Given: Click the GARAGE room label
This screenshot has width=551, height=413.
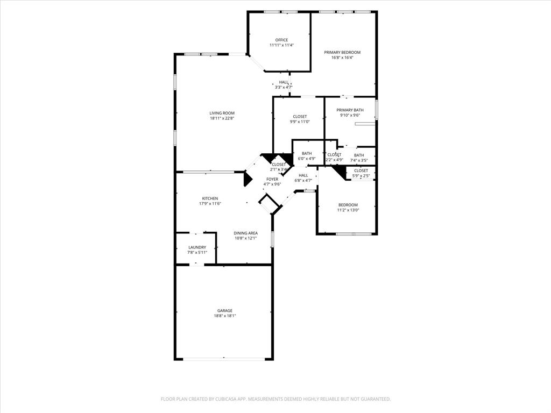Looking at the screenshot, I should click(225, 310).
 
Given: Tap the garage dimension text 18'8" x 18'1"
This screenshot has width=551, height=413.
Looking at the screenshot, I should click(225, 316).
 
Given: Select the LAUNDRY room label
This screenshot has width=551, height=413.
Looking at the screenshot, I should click(197, 247).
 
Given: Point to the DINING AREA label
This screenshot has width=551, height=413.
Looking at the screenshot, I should click(245, 233).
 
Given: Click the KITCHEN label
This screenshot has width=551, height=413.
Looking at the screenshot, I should click(210, 198).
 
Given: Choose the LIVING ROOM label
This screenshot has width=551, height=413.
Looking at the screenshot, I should click(222, 113).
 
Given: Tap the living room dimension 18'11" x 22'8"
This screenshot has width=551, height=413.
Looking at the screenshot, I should click(222, 118).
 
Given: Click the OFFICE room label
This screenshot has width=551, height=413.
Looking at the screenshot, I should click(281, 40).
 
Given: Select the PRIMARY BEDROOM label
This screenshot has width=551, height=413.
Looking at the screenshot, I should click(342, 52).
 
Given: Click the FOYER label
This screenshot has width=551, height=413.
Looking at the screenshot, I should click(272, 179).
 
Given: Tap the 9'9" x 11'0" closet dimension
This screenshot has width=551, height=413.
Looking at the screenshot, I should click(300, 122).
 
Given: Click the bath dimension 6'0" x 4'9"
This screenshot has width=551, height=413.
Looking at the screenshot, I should click(307, 159).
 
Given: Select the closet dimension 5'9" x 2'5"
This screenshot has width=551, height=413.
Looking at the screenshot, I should click(361, 176).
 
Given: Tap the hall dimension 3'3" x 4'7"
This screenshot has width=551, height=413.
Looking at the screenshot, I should click(284, 87).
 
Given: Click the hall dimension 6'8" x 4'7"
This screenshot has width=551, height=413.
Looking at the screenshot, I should click(303, 180).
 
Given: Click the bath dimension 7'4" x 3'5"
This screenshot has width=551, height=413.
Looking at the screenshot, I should click(359, 160).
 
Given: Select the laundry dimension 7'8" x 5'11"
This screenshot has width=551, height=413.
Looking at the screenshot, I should click(197, 252).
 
